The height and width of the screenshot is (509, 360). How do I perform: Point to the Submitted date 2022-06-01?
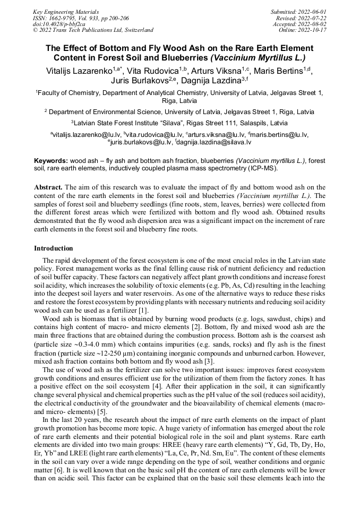click(298, 11)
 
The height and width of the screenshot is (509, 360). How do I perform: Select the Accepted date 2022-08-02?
click(299, 24)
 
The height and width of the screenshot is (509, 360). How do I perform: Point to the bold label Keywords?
click(51, 161)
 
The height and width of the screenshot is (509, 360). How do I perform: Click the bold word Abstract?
click(48, 187)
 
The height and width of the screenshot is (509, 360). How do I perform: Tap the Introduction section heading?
click(53, 248)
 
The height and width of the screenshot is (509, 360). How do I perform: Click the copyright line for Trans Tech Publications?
click(93, 30)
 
